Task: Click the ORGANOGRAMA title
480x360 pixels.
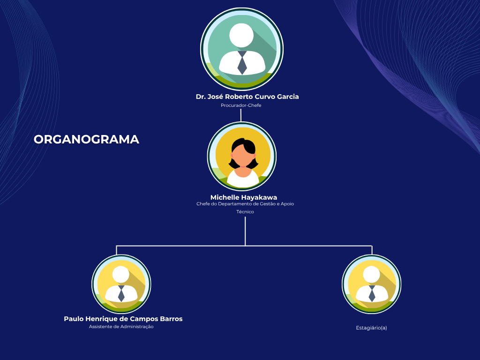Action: [x=86, y=140]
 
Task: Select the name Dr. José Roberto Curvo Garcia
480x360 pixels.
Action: [x=247, y=97]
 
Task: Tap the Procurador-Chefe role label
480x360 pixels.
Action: [x=241, y=105]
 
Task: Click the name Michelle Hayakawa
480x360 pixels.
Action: [x=244, y=197]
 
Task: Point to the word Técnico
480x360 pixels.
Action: [x=245, y=211]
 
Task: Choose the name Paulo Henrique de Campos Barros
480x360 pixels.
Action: [x=123, y=319]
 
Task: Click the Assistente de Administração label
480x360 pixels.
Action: [x=121, y=327]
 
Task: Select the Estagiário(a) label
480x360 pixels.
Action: [x=371, y=328]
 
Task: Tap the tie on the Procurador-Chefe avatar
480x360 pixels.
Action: [x=242, y=63]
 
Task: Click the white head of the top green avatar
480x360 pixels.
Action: [x=241, y=35]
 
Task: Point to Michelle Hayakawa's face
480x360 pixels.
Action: [x=243, y=156]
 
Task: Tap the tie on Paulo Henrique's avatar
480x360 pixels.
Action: [x=121, y=293]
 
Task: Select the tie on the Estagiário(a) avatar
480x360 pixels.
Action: [x=372, y=293]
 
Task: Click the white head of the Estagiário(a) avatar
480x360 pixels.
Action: [x=372, y=274]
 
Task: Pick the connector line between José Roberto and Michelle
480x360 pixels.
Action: [x=241, y=115]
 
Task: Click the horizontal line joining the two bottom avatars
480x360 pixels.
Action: [x=244, y=246]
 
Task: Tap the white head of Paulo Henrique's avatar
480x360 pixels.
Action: [x=120, y=274]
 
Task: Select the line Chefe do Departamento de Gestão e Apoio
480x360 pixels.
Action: [x=245, y=204]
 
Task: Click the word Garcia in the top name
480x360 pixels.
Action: [x=288, y=97]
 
